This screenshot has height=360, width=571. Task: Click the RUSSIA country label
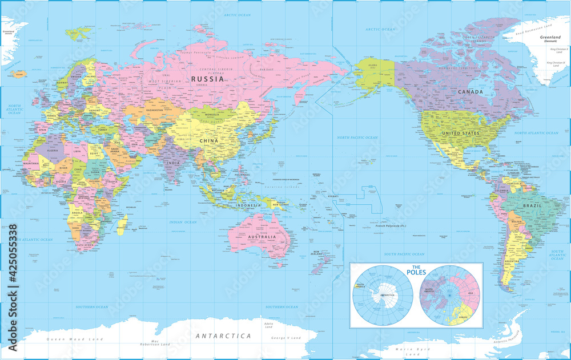click(207, 79)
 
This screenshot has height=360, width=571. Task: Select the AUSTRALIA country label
click(261, 236)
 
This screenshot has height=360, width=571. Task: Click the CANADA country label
click(471, 92)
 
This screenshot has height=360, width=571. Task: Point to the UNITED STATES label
click(460, 133)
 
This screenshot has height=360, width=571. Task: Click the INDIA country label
click(173, 163)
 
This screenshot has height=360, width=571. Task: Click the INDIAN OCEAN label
click(183, 222)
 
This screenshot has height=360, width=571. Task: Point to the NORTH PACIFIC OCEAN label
click(357, 137)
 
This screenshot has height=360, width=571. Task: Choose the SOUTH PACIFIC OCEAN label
click(404, 254)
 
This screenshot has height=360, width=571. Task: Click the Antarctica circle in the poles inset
click(383, 295)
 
